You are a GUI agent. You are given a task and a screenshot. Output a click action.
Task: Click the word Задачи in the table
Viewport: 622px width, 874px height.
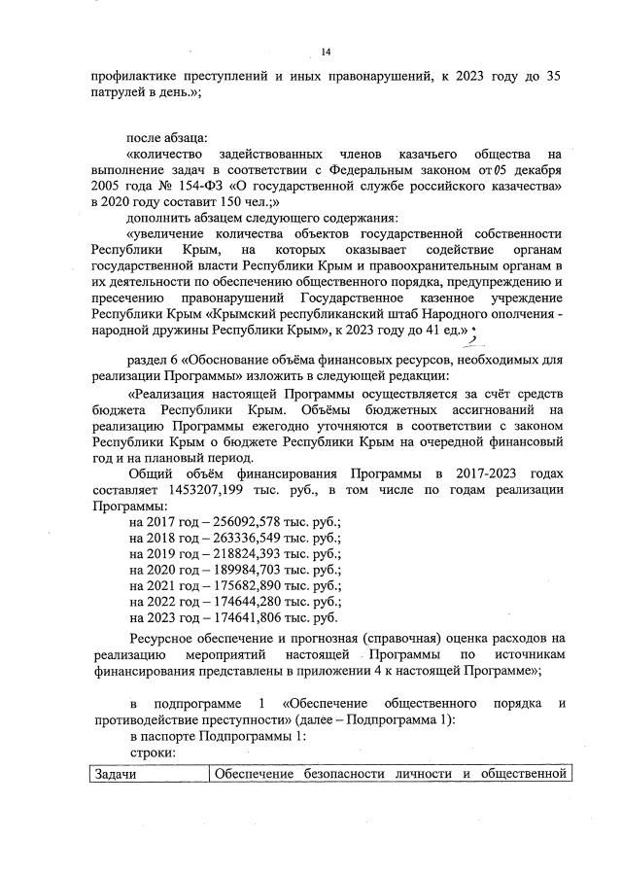coord(116,774)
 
